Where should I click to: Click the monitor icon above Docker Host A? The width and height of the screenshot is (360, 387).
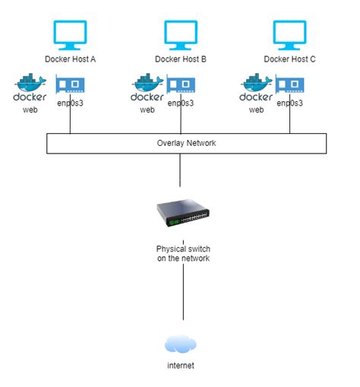pos(71,34)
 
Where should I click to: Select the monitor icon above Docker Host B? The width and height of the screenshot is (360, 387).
pos(180,34)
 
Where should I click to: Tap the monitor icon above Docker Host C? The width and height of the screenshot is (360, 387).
pos(289,34)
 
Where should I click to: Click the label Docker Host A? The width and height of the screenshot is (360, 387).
pos(71,59)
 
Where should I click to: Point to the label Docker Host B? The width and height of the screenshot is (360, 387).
pos(181,59)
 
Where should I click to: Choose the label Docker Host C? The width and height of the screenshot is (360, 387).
pos(289,59)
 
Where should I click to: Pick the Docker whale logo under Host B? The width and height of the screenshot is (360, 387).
pos(147,87)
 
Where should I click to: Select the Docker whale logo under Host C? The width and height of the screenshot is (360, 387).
pos(257,87)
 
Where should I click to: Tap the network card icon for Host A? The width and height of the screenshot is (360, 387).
pos(70,84)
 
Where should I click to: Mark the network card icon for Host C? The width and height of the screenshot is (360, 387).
pos(289,84)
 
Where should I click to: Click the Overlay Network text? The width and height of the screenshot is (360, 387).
pos(181,143)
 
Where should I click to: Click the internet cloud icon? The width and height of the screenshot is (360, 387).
pos(181,344)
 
